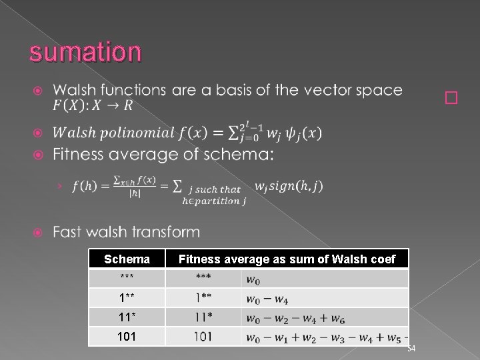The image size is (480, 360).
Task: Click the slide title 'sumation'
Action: point(85,51)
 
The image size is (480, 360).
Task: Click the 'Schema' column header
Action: point(127,259)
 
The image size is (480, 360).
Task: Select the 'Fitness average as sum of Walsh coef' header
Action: point(287,259)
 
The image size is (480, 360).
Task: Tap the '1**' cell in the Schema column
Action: point(127,297)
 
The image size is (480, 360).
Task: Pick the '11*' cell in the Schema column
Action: point(127,317)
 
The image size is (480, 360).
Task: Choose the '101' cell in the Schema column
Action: point(127,336)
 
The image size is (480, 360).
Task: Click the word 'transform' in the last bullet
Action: point(167,232)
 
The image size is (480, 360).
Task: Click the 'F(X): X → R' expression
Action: point(90,106)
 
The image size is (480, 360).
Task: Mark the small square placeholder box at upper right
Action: point(452,99)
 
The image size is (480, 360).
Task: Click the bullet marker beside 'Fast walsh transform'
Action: point(37,233)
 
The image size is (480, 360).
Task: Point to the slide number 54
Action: point(411,350)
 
